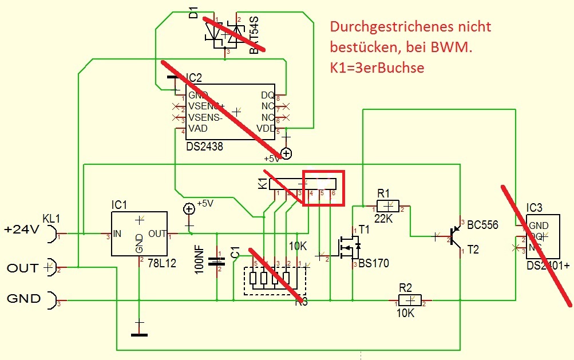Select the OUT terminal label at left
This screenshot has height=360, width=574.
click(x=22, y=268)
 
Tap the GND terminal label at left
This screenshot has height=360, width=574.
click(x=23, y=298)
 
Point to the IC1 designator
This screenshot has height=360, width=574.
click(x=121, y=204)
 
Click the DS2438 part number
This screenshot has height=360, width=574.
click(x=204, y=147)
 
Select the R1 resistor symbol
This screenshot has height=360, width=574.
click(x=390, y=205)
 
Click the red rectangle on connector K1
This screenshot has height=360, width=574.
click(x=323, y=188)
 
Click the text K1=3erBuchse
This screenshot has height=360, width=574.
click(x=377, y=68)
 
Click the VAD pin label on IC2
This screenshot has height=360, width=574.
click(x=197, y=129)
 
